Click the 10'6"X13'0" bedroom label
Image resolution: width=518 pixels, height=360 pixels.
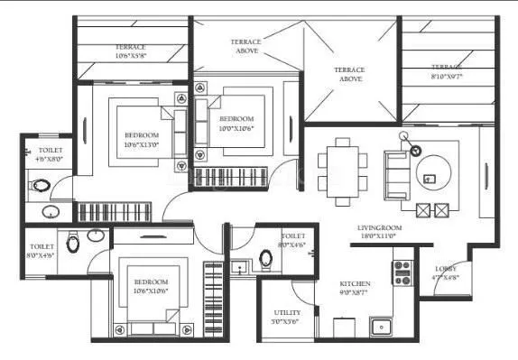tap(141, 139)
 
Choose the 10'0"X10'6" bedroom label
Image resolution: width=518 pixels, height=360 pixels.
tap(236, 124)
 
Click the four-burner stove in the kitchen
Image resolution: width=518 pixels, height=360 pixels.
tap(401, 272)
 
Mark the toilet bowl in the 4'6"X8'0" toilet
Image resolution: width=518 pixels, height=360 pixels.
tap(41, 188)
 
